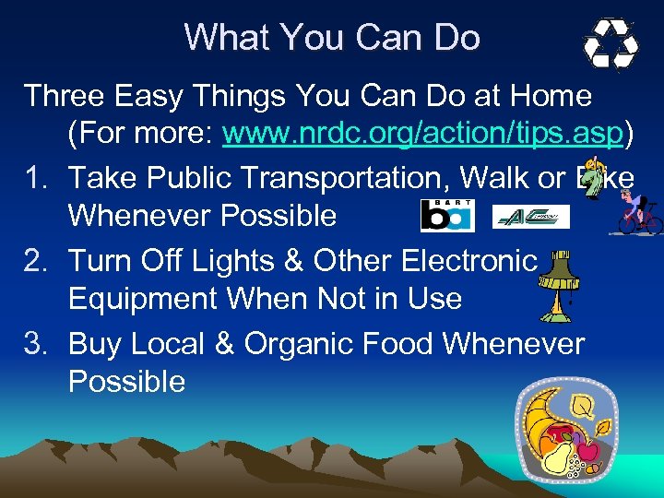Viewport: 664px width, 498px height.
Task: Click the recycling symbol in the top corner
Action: [611, 43]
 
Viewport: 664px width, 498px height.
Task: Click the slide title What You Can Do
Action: [332, 38]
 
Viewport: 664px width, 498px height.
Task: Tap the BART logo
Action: [446, 215]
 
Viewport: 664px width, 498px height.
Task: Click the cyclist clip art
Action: [639, 212]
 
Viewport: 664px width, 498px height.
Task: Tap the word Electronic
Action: [468, 261]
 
